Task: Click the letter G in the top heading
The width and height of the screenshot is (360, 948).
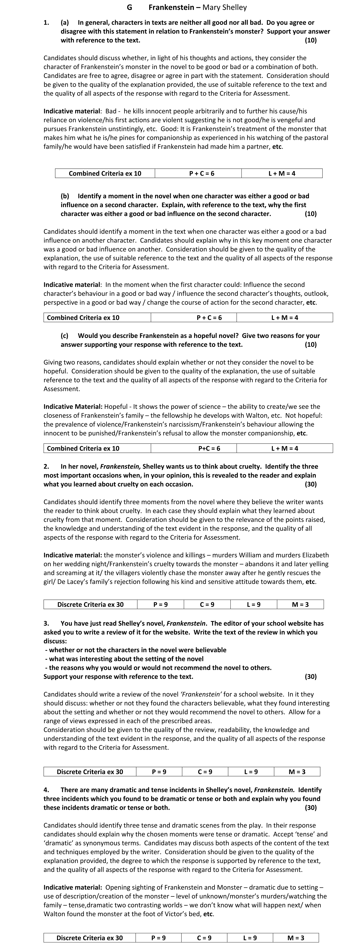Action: pos(129,7)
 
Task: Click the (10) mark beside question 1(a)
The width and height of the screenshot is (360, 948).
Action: pos(311,40)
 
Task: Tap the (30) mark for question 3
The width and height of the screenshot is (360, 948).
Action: pos(311,676)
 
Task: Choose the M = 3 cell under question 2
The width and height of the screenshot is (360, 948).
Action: pos(300,604)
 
